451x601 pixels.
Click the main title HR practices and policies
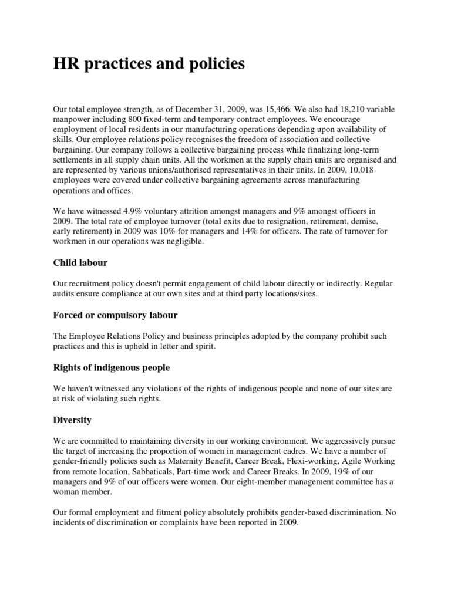click(x=149, y=64)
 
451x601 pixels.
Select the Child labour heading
click(x=80, y=262)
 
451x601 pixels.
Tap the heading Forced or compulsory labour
click(x=115, y=315)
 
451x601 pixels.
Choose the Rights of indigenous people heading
click(x=112, y=367)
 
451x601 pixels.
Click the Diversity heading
click(x=72, y=420)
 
